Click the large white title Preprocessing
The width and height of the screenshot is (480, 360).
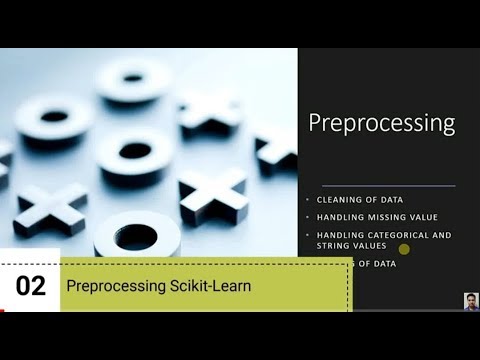[x=381, y=124]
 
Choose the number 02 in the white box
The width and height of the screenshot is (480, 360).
[x=31, y=286]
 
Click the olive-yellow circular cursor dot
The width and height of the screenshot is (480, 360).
[x=404, y=249]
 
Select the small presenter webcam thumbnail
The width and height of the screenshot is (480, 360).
[x=471, y=301]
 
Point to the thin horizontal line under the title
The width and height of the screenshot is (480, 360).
[x=380, y=185]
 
